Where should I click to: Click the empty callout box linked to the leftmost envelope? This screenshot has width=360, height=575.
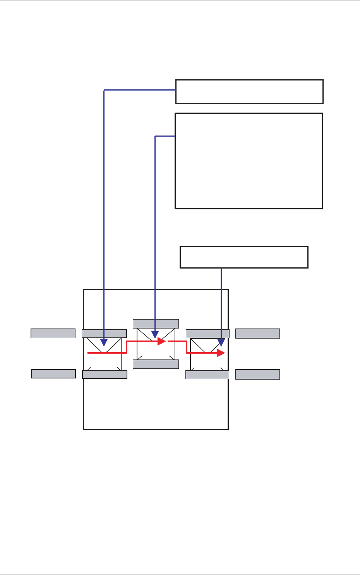coord(249,92)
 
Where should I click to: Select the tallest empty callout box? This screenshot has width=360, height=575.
coord(249,161)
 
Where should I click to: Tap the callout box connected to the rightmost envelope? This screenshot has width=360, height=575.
coord(244,257)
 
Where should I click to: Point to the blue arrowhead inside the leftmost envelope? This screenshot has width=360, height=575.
coord(104,342)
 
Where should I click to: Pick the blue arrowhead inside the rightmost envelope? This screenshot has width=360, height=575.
coord(221,342)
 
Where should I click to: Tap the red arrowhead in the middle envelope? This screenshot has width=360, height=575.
coord(162,342)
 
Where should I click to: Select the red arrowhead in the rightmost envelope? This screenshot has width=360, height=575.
coord(221,353)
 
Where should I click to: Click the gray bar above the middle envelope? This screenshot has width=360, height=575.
coord(156,323)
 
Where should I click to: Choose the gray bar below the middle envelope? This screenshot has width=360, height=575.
coord(156,364)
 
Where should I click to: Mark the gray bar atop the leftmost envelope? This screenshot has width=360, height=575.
coord(104,334)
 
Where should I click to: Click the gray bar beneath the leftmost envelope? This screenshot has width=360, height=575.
coord(105,374)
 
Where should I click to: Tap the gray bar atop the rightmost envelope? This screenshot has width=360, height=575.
coord(207,334)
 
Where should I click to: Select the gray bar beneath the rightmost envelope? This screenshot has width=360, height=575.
coord(207,375)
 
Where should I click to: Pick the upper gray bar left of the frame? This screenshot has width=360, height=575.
coord(53,333)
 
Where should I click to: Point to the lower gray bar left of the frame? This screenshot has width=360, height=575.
coord(53,374)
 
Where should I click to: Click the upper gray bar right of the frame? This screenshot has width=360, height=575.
coord(257,333)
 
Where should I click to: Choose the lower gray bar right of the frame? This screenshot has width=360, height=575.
coord(257,374)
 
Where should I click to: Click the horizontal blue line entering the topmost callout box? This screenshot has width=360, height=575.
coord(139,90)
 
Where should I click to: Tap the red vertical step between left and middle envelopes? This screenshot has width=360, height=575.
coord(127,347)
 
